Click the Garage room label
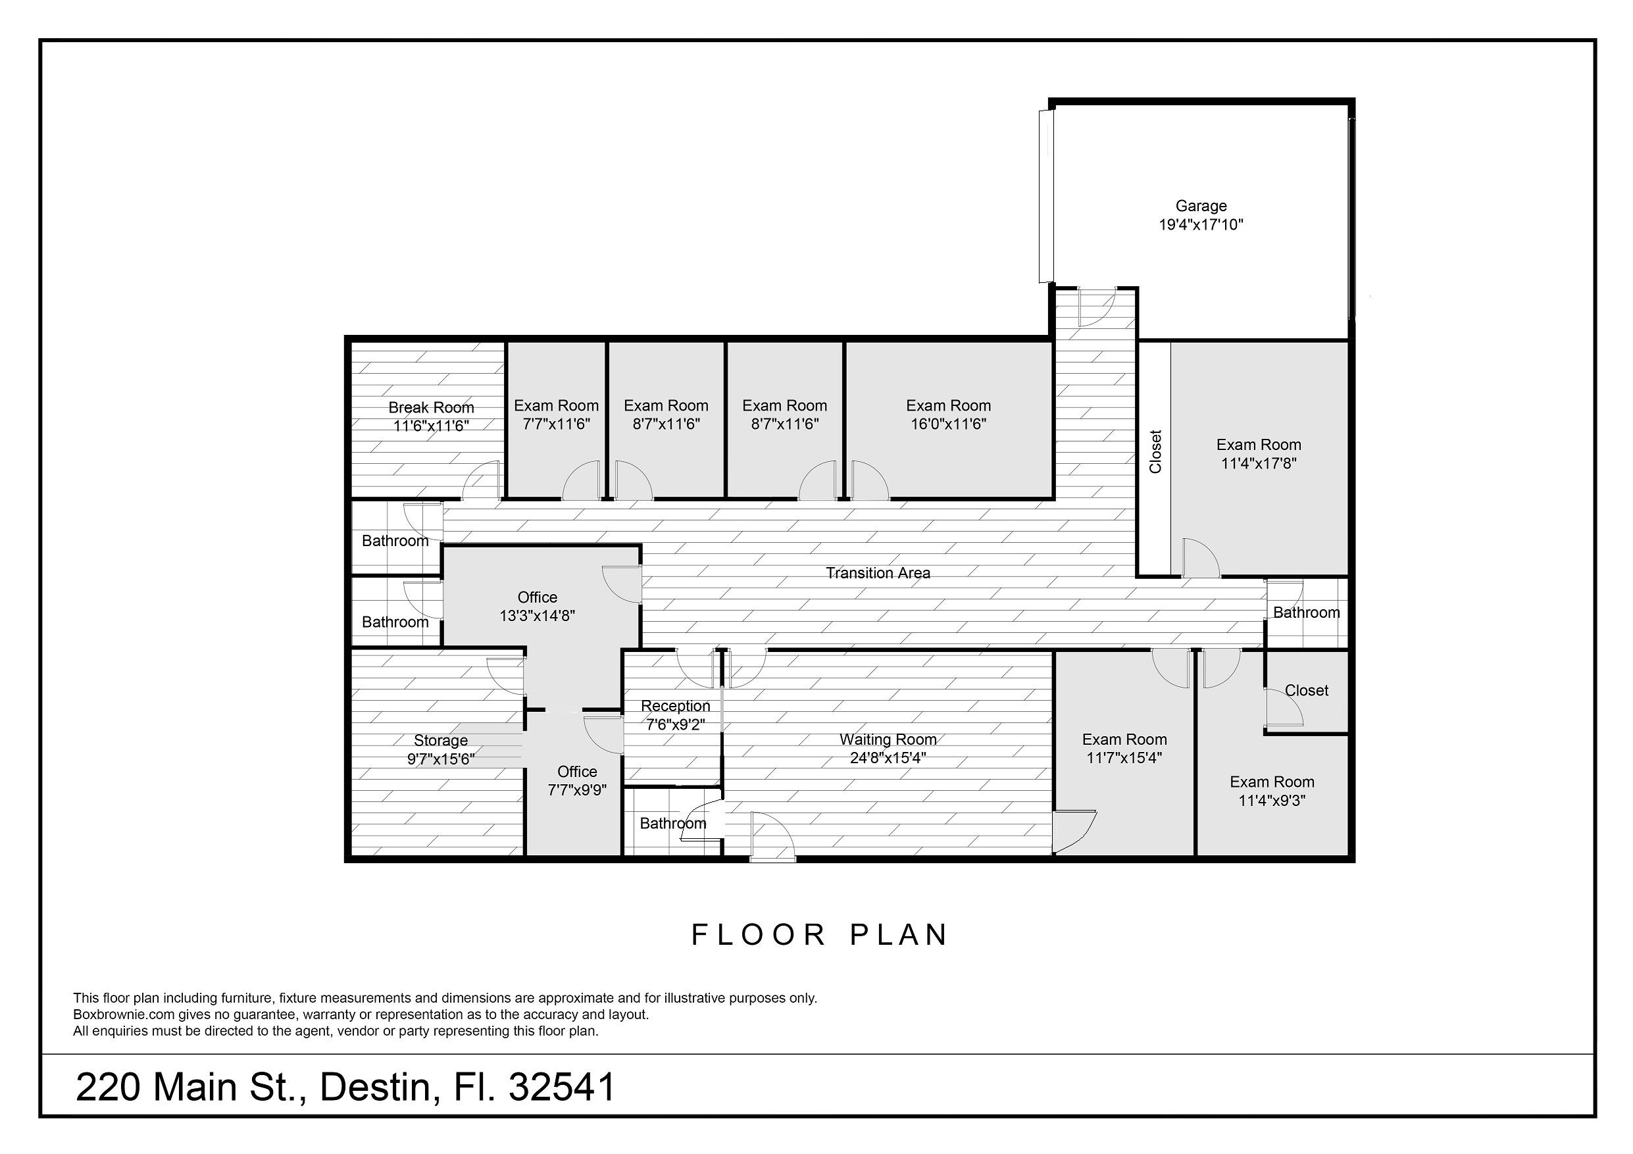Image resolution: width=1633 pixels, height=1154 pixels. click(x=1201, y=205)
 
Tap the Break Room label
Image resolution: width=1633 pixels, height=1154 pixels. click(x=431, y=407)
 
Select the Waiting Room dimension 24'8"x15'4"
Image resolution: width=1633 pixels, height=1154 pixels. click(x=888, y=758)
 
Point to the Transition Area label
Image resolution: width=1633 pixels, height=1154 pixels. click(x=878, y=572)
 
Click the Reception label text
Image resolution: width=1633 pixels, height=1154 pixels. click(x=675, y=706)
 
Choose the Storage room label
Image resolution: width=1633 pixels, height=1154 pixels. click(x=440, y=741)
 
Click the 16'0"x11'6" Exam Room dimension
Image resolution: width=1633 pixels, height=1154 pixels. click(x=948, y=424)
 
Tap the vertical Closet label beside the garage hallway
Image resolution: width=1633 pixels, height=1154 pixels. click(x=1155, y=451)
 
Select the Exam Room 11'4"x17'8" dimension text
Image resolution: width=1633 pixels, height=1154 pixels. click(x=1258, y=464)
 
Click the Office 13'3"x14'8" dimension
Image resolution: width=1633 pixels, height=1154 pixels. click(x=537, y=616)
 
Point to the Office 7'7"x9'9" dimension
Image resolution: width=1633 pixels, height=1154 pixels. click(x=577, y=790)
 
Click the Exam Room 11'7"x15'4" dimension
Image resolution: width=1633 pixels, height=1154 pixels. click(x=1124, y=758)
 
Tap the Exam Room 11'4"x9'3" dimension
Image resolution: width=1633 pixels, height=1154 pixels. click(x=1272, y=801)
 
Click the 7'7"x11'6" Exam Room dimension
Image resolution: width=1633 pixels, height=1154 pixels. click(x=556, y=424)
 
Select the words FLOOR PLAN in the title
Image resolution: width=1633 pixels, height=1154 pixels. click(x=819, y=935)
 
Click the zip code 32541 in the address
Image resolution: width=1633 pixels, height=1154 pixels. click(x=562, y=1087)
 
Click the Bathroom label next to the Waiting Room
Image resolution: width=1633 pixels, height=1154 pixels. click(x=673, y=823)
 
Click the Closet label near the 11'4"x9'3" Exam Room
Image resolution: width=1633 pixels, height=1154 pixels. click(x=1307, y=690)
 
